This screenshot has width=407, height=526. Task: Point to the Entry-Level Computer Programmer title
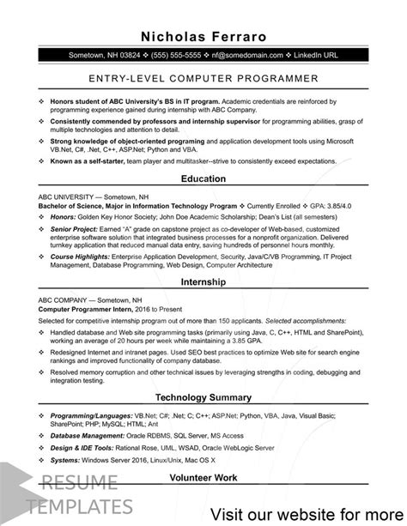click(203, 79)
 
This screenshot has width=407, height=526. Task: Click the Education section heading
click(203, 179)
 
